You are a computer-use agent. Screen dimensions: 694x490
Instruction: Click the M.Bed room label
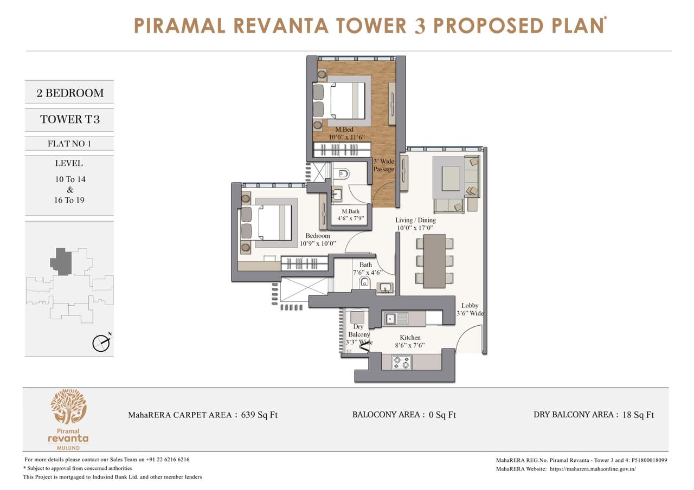coord(344,130)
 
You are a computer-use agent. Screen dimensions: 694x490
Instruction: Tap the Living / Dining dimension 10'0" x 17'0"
coord(415,228)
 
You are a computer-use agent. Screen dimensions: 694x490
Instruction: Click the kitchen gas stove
coord(402,363)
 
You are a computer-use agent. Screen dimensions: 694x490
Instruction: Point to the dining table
coord(434,261)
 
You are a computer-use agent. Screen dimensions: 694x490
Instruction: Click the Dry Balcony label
coord(359,331)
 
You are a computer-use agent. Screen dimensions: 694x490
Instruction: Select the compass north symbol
coord(101,343)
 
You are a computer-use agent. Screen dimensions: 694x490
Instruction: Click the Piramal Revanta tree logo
coord(68,406)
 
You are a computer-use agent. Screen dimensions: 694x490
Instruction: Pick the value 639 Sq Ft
coord(259,415)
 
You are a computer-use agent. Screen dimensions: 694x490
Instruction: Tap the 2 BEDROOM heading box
coord(69,92)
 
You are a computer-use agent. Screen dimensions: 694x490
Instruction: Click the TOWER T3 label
coord(70,119)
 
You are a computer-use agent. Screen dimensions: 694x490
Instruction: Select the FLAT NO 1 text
coord(69,144)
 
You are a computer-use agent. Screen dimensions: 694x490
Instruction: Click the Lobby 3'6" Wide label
coord(470,310)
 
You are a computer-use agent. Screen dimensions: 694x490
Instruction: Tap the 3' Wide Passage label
coord(383,165)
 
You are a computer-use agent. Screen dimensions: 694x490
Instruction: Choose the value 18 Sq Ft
coord(638,415)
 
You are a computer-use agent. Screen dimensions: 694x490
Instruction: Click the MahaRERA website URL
coord(593,469)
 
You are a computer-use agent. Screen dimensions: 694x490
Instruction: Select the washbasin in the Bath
coord(385,287)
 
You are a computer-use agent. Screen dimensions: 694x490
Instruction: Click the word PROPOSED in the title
coord(489,25)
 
